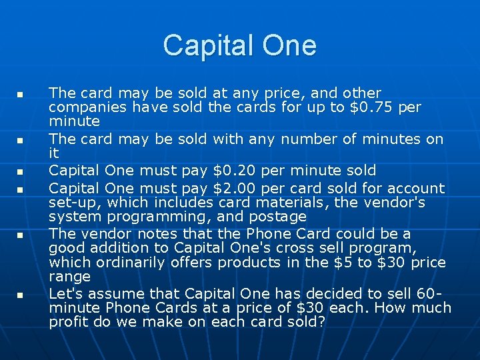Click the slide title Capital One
click(239, 45)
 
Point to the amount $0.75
click(371, 107)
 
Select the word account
click(417, 189)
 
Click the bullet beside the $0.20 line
click(21, 171)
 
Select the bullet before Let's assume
click(21, 294)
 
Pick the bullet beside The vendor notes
click(21, 235)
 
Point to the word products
click(243, 262)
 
